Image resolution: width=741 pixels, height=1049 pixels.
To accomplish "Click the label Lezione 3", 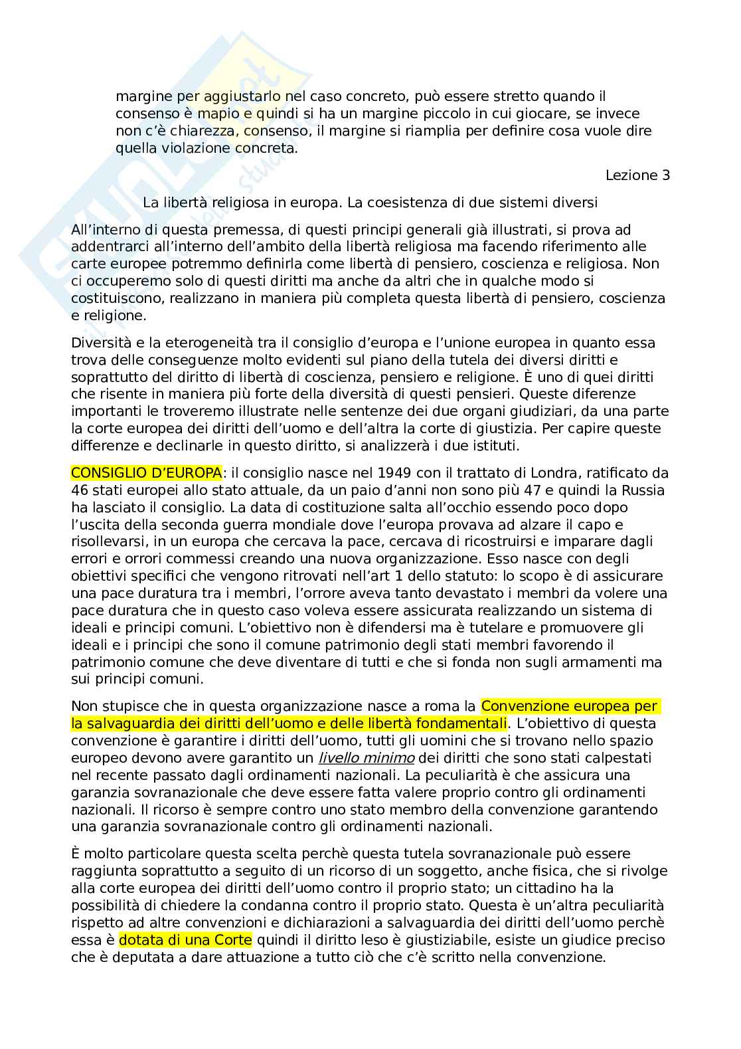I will click(637, 175).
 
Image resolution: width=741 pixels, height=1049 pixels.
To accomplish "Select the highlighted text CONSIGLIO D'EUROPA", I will click(147, 473).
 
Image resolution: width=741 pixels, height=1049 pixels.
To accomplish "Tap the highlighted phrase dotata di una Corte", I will click(185, 940).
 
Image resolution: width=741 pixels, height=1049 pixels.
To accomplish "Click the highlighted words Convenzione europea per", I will click(569, 706).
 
